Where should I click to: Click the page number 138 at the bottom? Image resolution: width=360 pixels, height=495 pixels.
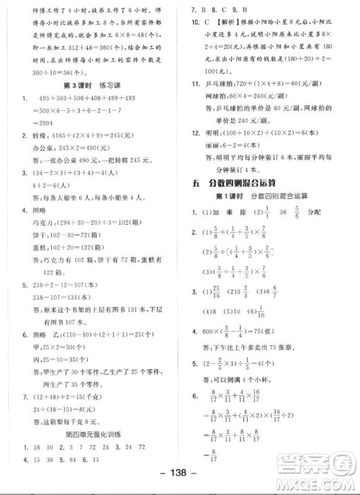pos(179,481)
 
